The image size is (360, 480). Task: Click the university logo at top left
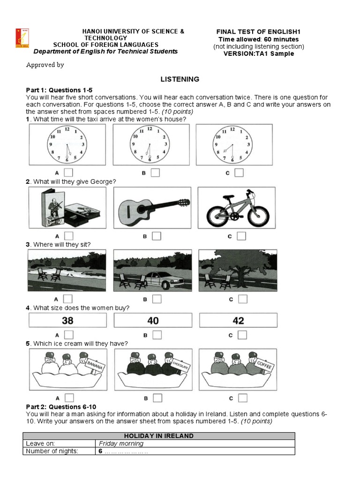click(20, 39)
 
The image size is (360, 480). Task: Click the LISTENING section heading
click(180, 79)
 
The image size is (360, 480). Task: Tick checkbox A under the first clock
click(68, 172)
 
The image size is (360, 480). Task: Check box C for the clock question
click(239, 172)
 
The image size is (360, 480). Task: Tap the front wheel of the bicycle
click(219, 216)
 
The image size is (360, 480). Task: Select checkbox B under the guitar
click(156, 236)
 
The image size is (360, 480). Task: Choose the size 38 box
click(67, 321)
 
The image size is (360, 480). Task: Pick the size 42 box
click(238, 321)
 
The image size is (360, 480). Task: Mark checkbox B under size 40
click(157, 335)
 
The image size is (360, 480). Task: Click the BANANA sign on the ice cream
click(95, 364)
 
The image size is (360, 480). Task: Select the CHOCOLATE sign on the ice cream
click(180, 365)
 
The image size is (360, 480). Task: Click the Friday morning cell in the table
click(121, 443)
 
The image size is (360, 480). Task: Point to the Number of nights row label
click(52, 451)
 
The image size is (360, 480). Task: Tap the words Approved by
click(45, 65)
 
